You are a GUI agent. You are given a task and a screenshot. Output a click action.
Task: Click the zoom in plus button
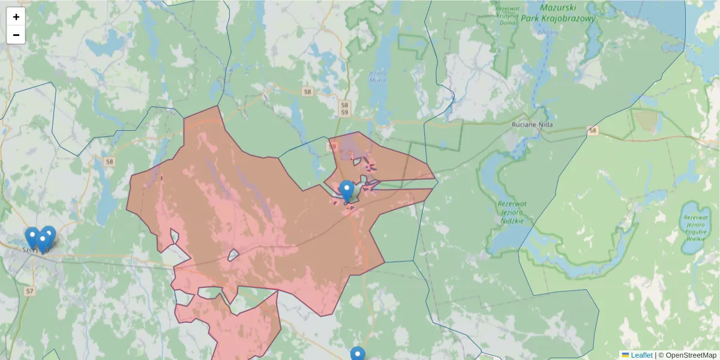[16, 17]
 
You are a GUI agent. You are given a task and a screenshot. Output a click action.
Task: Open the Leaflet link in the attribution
[641, 355]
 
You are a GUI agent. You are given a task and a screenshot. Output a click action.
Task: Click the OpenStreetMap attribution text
[691, 355]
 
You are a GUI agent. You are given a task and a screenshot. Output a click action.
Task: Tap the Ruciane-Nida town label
[532, 125]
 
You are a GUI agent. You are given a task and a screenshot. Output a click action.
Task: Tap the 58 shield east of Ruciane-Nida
[593, 130]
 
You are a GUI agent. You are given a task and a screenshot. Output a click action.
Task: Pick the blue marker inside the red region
[346, 191]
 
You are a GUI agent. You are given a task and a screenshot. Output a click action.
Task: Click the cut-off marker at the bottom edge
[358, 354]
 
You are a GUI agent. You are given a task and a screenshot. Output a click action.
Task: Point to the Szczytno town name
[33, 250]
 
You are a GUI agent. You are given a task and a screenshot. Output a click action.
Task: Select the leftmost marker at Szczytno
[32, 238]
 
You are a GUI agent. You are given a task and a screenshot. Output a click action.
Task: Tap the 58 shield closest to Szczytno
[109, 161]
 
